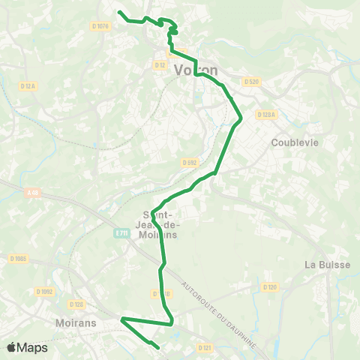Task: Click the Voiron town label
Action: (196, 70)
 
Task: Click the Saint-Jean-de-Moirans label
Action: (159, 223)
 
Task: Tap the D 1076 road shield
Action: (100, 26)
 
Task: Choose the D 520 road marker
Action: (250, 81)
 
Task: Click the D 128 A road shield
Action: (266, 115)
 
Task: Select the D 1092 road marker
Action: (45, 292)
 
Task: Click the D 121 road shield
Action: (204, 348)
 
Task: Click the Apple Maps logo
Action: (27, 347)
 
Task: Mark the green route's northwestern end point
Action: (119, 11)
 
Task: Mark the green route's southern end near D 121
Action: (160, 348)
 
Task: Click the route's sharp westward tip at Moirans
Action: (122, 319)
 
